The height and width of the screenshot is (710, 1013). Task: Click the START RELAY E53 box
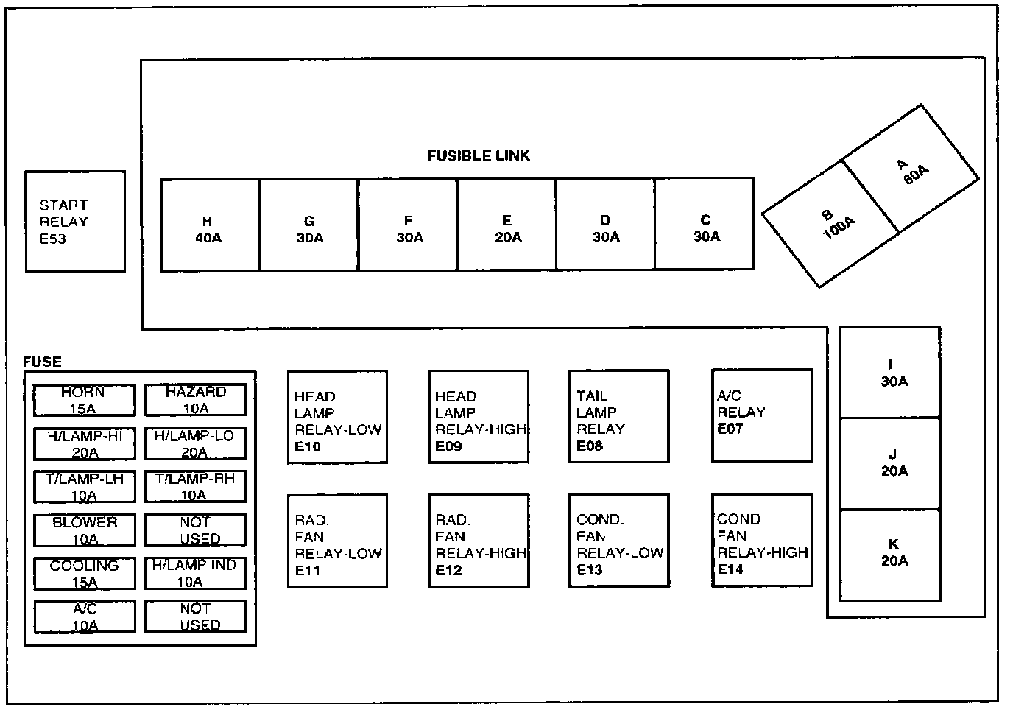(75, 222)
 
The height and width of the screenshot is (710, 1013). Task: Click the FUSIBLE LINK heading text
(479, 156)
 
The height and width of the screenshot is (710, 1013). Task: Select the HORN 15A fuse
(84, 400)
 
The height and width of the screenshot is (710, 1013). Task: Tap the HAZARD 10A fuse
(195, 400)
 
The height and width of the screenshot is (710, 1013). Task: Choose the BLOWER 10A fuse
(84, 530)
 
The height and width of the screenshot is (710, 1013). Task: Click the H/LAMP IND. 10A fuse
(195, 574)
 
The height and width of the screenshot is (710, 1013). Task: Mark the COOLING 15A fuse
(84, 574)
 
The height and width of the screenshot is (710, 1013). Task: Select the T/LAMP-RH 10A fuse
(195, 487)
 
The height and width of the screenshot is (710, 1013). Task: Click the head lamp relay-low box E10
(337, 417)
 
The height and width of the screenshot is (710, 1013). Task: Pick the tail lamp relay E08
(618, 417)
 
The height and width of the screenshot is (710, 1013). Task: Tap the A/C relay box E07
(762, 416)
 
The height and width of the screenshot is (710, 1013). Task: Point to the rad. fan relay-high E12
(479, 541)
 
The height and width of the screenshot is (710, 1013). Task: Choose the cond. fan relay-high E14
(762, 540)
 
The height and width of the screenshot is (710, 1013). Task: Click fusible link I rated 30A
(890, 373)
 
